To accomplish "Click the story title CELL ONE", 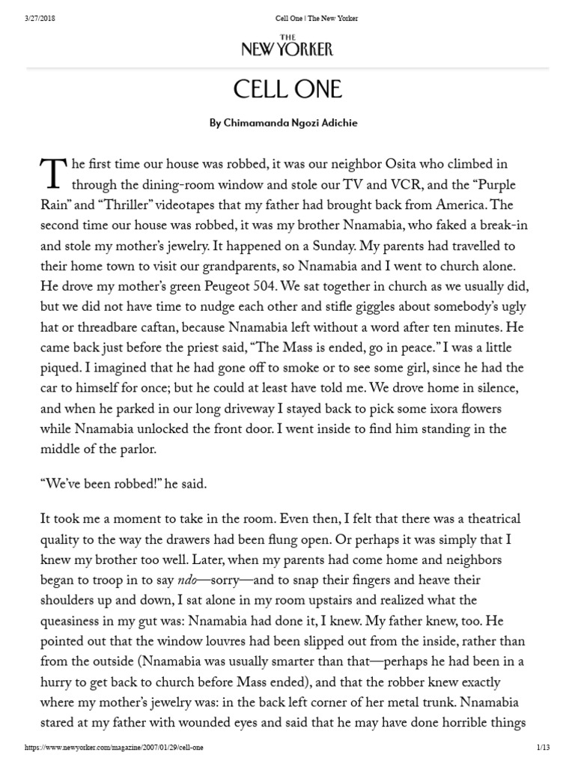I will click(x=287, y=90).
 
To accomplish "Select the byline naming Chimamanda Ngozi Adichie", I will click(x=287, y=124).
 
